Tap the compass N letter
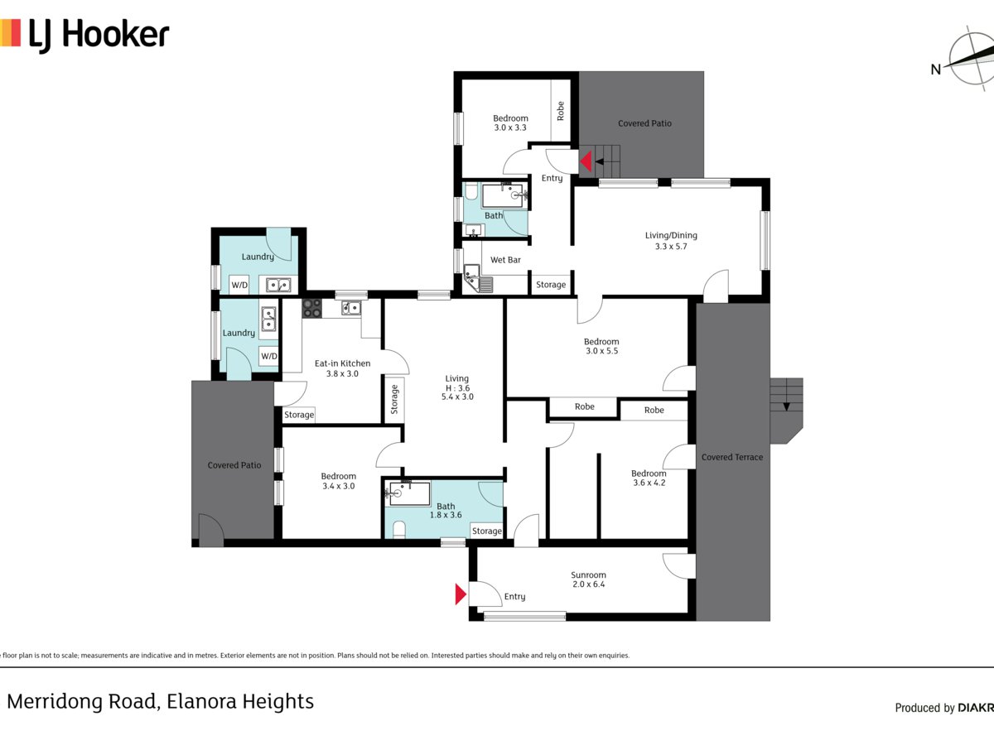coord(936,70)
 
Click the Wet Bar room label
coord(505,260)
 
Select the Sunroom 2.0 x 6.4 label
coord(588,579)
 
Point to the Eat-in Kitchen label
coord(342,368)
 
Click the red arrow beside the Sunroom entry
coord(461,594)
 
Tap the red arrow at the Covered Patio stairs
coord(585,161)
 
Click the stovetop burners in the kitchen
coord(312,309)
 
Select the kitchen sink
coord(351,309)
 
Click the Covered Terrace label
coord(732,457)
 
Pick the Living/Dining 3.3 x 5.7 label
coord(671,241)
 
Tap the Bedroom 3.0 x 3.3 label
coord(510,123)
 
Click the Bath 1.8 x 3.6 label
coord(446,511)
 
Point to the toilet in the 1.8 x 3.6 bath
coord(398,529)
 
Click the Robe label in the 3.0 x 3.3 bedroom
coord(561,111)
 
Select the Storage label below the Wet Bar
coord(551,285)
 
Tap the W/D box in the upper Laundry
coord(239,286)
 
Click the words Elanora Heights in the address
coord(240,702)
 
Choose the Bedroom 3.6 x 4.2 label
coord(649,478)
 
